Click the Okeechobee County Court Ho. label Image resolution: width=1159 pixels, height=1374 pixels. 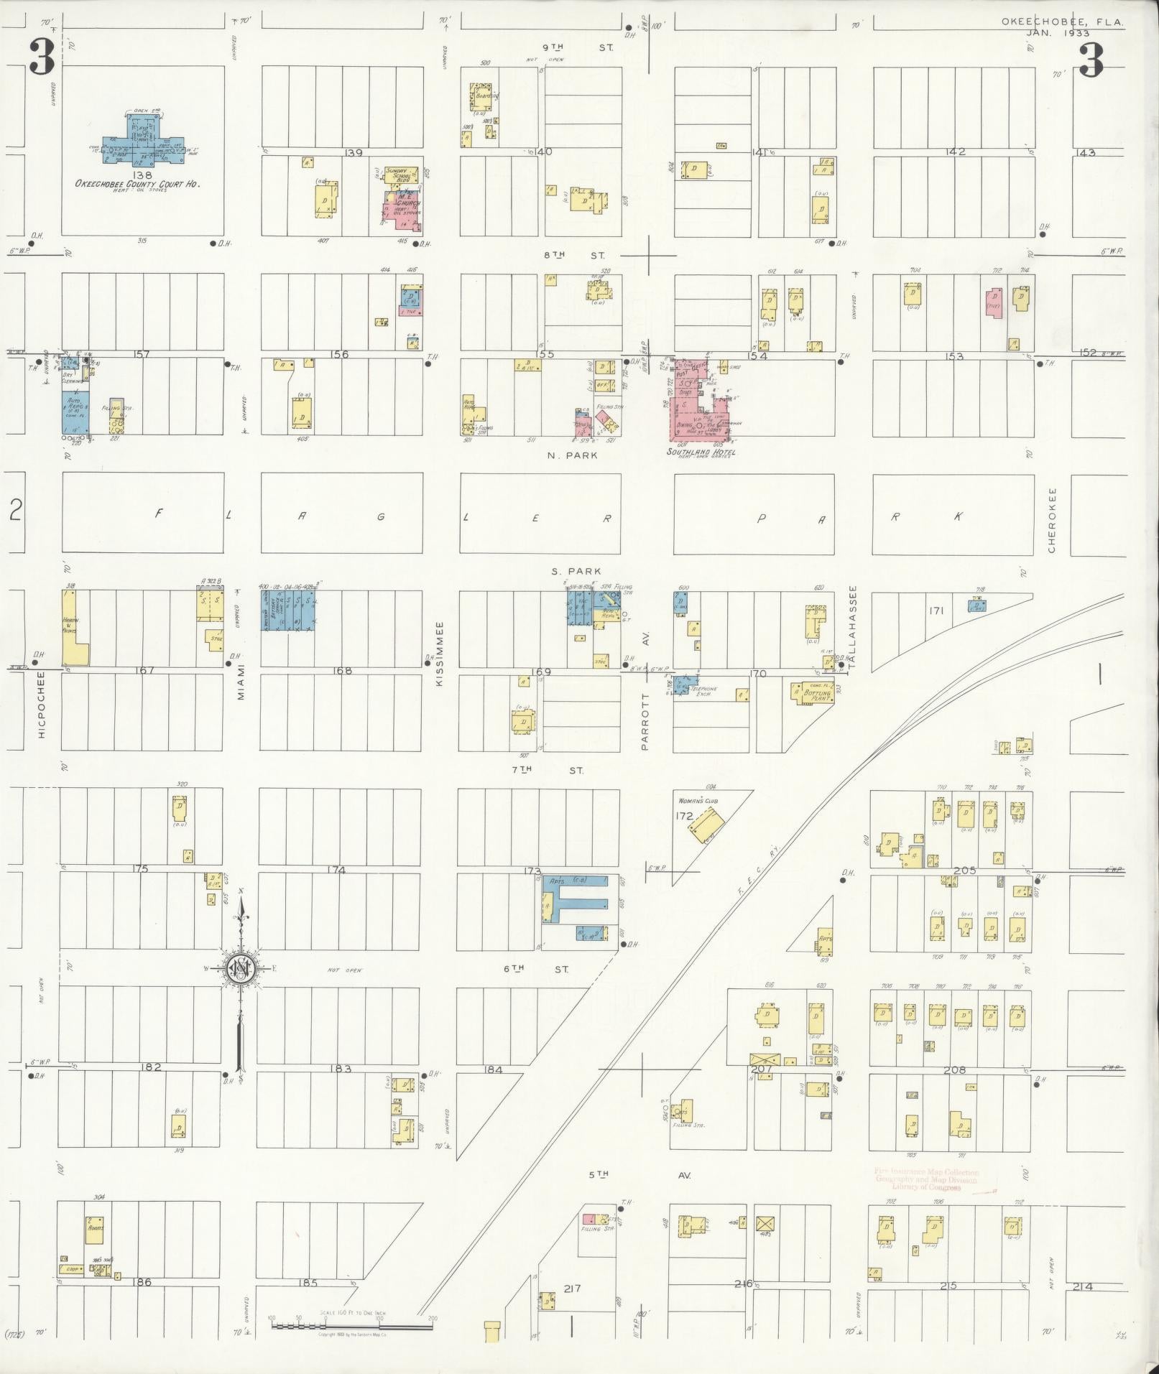click(137, 184)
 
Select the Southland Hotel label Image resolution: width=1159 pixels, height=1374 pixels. click(701, 452)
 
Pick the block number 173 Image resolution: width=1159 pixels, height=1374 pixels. click(532, 871)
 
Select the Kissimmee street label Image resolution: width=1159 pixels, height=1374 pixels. click(440, 653)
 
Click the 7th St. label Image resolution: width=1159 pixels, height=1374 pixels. click(547, 770)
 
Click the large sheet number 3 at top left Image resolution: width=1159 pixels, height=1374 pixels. click(42, 58)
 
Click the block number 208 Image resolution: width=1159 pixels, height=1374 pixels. click(954, 1069)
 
